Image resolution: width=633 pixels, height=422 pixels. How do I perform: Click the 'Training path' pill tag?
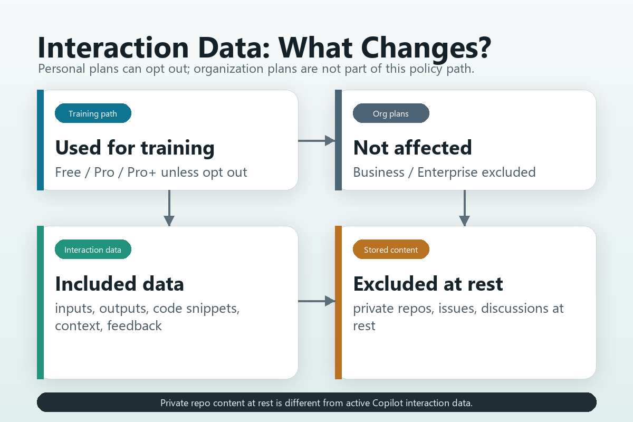93,113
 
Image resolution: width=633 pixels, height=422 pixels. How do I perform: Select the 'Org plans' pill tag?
391,113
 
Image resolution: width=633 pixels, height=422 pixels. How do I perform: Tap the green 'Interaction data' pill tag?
93,250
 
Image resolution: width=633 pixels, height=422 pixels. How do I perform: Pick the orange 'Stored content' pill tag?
391,250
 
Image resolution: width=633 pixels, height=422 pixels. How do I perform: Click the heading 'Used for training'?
135,148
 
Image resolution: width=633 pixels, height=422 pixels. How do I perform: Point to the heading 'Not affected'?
413,148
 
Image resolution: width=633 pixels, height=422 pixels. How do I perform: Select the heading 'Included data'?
120,284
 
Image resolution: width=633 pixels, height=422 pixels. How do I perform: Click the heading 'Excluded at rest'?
428,284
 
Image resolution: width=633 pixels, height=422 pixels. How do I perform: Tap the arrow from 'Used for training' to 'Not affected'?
316,140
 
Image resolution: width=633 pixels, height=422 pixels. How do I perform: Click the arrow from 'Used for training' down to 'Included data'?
169,208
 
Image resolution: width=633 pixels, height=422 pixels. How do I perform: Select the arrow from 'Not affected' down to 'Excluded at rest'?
464,208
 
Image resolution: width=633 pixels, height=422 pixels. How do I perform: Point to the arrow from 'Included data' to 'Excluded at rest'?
316,301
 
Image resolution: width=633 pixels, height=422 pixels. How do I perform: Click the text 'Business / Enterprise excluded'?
444,172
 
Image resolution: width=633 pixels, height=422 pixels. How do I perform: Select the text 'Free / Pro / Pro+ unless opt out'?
151,172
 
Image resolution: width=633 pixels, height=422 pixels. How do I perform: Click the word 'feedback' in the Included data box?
135,325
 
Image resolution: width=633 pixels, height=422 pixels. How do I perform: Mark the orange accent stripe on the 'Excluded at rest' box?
338,302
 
